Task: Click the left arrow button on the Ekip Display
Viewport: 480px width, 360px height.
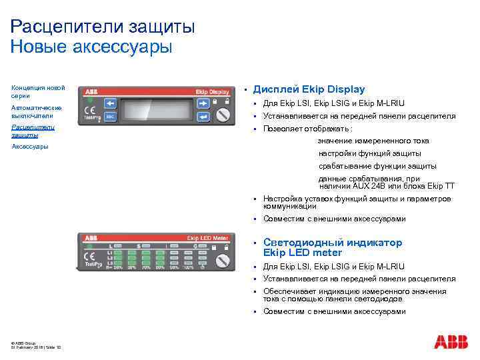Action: [x=110, y=103]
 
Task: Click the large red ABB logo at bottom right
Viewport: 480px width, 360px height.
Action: [x=451, y=342]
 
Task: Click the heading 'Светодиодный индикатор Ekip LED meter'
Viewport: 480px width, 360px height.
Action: [x=332, y=247]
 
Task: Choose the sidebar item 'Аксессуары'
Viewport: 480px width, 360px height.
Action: [x=30, y=147]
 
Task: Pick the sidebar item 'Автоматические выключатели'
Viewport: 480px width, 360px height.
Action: [x=37, y=111]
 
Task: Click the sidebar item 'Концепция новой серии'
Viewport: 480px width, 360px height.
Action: [x=38, y=92]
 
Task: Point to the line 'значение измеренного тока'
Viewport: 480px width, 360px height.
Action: [x=373, y=141]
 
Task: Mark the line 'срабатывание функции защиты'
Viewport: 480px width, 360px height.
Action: [x=377, y=166]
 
